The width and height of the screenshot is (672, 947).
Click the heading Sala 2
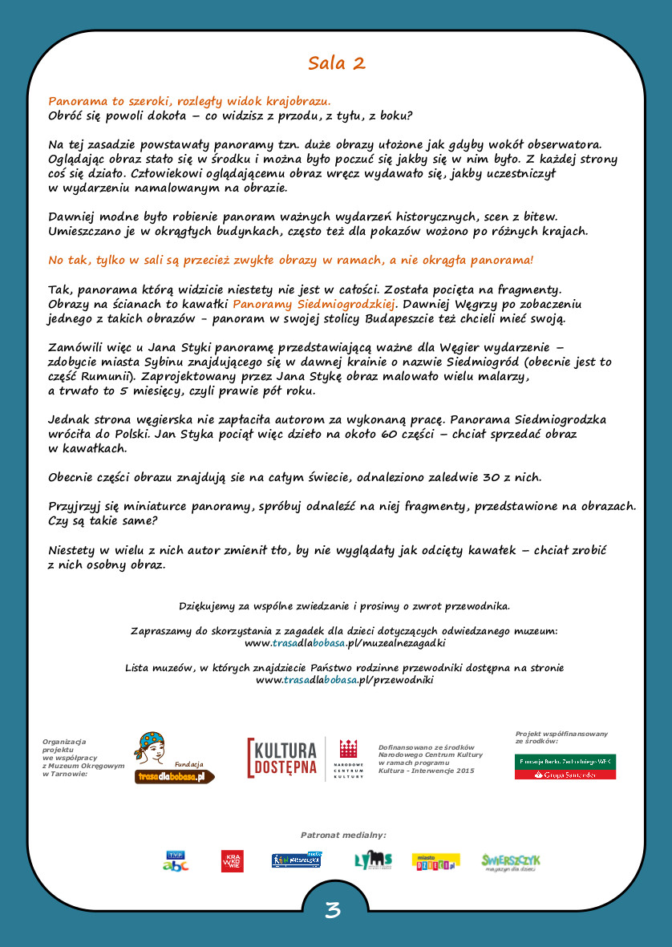(336, 63)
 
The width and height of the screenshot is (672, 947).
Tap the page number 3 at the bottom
(333, 910)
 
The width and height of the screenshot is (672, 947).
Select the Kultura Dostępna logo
(283, 759)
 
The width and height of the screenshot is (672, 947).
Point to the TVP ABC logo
(176, 861)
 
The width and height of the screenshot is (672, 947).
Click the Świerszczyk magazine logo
(511, 862)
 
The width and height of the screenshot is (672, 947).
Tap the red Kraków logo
(232, 861)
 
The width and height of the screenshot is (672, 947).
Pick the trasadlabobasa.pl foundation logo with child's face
(172, 758)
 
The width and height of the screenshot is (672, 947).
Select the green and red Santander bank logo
(565, 767)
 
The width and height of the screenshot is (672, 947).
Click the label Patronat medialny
(343, 835)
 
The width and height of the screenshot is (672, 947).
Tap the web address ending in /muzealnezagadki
(345, 643)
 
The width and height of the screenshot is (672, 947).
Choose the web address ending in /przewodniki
(345, 680)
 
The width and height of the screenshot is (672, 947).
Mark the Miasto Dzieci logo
(435, 862)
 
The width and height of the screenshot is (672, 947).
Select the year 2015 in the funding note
(462, 771)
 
